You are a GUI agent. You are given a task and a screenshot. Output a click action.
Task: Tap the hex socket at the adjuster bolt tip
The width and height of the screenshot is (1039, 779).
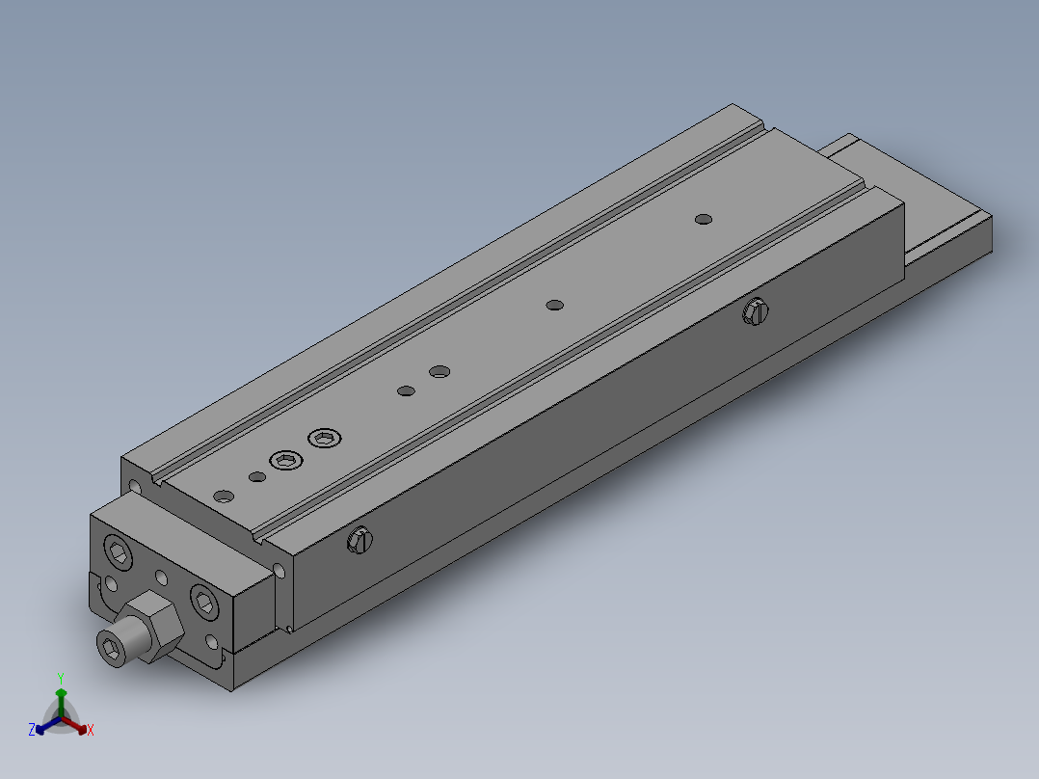point(112,647)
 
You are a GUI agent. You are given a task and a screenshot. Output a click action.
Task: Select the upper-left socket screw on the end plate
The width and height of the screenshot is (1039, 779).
point(119,553)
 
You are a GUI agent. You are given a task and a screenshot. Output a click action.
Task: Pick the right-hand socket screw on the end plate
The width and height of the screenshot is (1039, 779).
point(205,602)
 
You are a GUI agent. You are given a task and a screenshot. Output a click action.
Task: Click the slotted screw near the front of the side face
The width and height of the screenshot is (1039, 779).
point(359,542)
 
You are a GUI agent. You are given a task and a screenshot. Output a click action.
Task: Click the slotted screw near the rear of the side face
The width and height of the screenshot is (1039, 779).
point(756,311)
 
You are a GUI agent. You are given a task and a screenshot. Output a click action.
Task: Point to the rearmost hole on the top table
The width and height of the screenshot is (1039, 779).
point(704,220)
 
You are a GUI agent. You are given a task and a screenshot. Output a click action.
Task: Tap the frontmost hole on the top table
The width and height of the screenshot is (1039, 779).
point(224,497)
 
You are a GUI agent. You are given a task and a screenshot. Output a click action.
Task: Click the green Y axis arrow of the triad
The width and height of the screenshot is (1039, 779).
point(61,694)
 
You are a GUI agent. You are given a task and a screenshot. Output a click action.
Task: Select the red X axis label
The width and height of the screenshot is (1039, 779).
point(91,731)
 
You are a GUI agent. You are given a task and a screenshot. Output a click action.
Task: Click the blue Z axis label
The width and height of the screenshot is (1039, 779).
point(32,731)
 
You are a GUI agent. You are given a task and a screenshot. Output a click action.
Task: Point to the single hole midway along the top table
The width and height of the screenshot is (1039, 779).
point(554,306)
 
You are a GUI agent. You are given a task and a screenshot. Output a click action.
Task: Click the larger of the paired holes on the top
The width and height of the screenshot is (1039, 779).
point(440,371)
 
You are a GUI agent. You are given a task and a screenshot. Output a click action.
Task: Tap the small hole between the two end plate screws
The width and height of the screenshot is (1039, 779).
point(161,578)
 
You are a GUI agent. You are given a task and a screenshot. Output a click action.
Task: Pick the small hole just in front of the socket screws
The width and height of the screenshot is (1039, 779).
point(256,477)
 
